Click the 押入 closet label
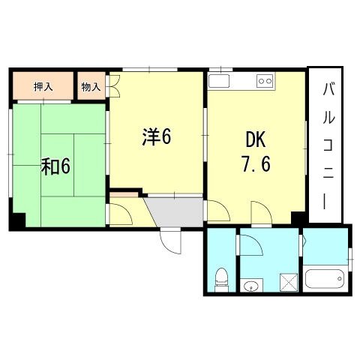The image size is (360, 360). point(43,87)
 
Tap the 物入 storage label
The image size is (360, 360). point(91,87)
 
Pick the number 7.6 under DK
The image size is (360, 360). point(256,163)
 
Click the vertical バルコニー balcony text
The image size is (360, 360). point(328,146)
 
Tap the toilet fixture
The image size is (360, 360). point(222,279)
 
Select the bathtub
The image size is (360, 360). point(325,280)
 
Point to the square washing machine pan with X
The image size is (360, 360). point(289,282)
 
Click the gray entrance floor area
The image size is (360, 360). point(175,211)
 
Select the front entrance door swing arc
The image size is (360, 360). point(172,240)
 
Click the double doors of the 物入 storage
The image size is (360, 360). point(114,87)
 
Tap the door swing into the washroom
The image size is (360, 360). point(250,245)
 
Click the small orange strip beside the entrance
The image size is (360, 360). point(124,196)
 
